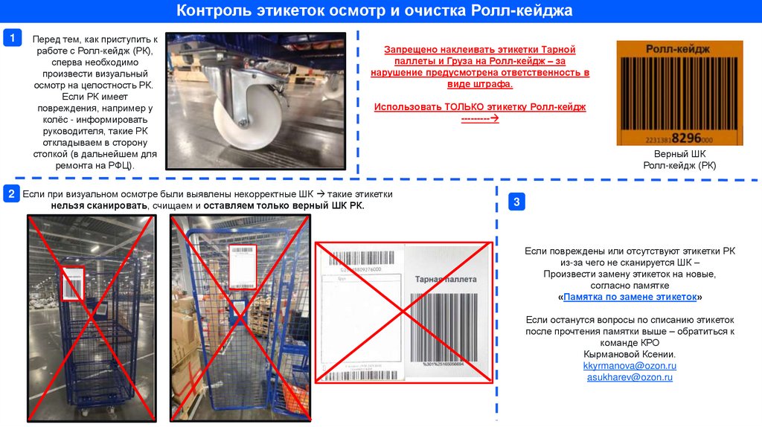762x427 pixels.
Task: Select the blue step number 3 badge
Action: (x=517, y=202)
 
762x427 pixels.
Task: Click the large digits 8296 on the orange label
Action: (x=687, y=138)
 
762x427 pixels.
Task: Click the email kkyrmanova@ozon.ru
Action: (x=630, y=366)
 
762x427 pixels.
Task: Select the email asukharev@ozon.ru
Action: (x=630, y=377)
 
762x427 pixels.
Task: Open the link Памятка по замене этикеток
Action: (x=630, y=296)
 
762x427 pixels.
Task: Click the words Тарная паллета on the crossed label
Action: (x=446, y=279)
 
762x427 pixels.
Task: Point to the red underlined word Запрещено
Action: (x=408, y=50)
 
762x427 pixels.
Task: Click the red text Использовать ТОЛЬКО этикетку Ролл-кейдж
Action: (x=480, y=107)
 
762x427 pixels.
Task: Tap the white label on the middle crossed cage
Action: (x=242, y=266)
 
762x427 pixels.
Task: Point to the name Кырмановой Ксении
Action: (x=630, y=354)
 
